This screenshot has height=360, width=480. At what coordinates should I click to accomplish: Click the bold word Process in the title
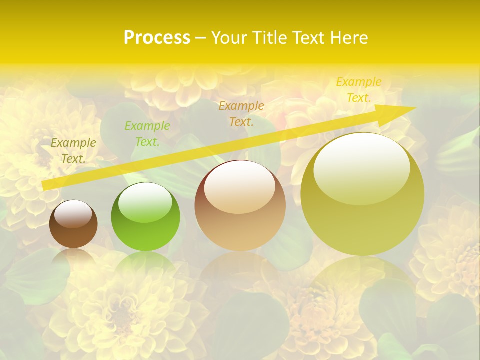point(157,38)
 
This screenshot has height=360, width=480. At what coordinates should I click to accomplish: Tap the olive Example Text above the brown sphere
point(73,150)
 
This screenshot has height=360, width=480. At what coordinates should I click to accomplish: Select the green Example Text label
point(147,134)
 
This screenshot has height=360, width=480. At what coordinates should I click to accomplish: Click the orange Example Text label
point(241,113)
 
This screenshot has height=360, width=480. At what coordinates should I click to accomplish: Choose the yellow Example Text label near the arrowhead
point(359,90)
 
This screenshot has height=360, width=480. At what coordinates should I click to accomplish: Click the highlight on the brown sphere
point(73,214)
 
